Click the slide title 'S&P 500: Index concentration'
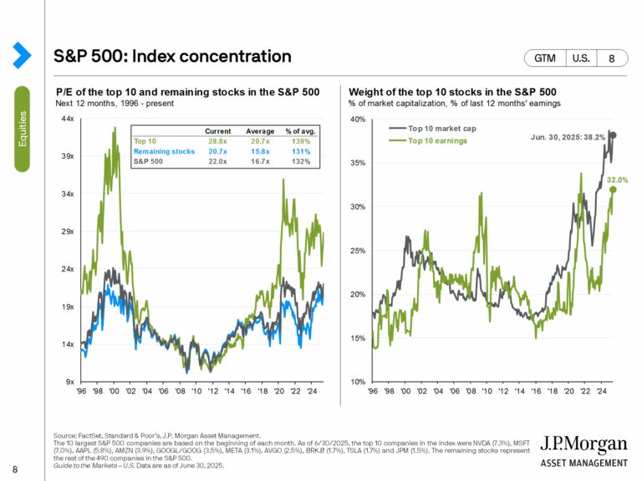click(x=172, y=56)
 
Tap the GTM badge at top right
click(x=544, y=58)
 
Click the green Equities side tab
click(x=22, y=129)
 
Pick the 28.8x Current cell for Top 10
click(x=218, y=141)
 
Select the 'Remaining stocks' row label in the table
click(x=163, y=151)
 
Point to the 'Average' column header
click(x=260, y=131)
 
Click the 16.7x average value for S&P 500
click(x=260, y=161)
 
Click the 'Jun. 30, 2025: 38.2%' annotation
click(x=566, y=135)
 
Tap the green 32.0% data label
click(x=618, y=180)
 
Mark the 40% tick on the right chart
click(x=356, y=119)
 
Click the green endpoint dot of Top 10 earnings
click(x=613, y=190)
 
